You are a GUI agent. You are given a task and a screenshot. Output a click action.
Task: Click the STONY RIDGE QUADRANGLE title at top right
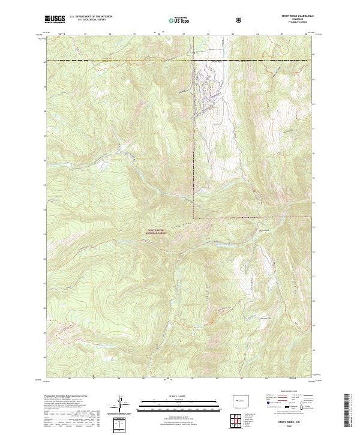297,17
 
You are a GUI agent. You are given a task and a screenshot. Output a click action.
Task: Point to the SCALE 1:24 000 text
180,395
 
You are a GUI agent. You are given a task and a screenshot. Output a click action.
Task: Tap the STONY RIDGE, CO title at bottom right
295,423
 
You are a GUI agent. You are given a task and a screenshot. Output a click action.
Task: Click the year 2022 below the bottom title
295,427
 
